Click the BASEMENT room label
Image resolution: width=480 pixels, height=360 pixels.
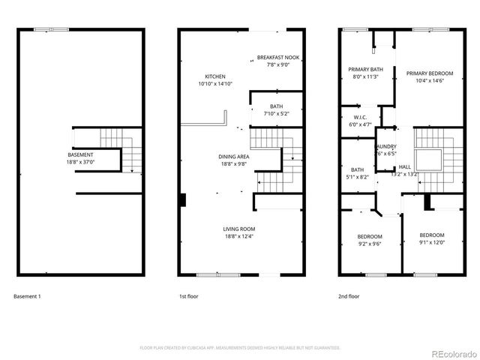coord(80,154)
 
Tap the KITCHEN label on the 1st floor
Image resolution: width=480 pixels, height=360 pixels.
coord(216,76)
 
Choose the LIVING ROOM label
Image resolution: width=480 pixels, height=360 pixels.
coord(238,229)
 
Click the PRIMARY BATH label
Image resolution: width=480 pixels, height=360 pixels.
coord(365,69)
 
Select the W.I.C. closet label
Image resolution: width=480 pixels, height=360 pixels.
coord(359,118)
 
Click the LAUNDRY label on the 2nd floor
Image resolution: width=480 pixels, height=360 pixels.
coord(386,147)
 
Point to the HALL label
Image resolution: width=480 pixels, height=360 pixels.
coord(404,166)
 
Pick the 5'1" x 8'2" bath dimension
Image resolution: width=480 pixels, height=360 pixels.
coord(357,176)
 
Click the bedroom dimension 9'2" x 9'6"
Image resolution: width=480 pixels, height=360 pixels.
coord(369,244)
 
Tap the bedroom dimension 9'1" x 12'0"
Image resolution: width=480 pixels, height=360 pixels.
coord(431,242)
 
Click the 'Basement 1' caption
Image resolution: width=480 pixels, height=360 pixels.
coord(27,297)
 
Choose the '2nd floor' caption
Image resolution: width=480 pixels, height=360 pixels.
coord(349,297)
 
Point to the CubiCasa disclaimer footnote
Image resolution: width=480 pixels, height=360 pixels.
coord(239,348)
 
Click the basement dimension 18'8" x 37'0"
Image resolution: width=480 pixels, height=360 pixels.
coord(80,161)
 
